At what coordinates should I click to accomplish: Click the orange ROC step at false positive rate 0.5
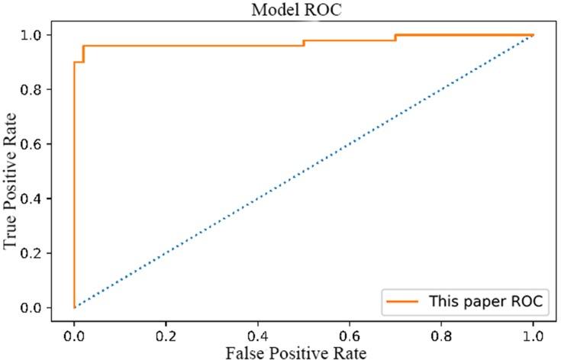pyautogui.click(x=304, y=43)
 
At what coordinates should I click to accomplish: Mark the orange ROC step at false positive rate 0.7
pyautogui.click(x=395, y=37)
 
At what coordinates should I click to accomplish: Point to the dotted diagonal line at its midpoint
pyautogui.click(x=304, y=171)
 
